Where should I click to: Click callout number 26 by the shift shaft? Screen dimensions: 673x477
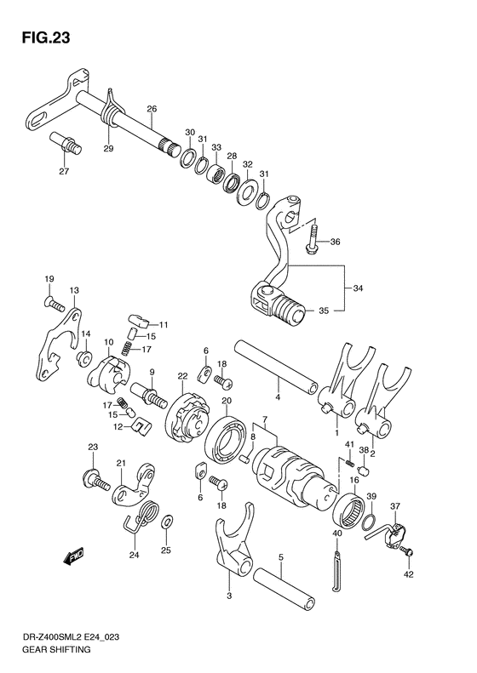[x=152, y=109]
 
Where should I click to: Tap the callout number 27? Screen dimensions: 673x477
[x=63, y=171]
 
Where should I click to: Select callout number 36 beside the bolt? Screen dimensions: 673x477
[x=335, y=242]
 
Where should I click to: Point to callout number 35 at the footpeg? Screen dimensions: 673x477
[x=324, y=311]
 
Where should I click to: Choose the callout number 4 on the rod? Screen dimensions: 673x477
[x=277, y=395]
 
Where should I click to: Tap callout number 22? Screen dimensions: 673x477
[x=182, y=377]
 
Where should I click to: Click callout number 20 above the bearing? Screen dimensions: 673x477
[x=227, y=401]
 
